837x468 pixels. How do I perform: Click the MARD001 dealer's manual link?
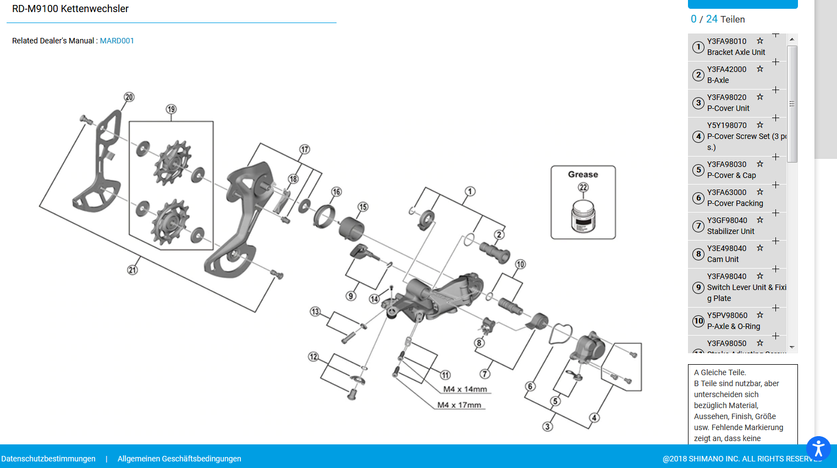(117, 41)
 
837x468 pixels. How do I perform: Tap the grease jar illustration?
(583, 216)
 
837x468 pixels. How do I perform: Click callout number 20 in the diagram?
(129, 97)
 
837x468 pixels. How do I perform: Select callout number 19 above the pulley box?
(171, 109)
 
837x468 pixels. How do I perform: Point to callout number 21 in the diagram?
(133, 270)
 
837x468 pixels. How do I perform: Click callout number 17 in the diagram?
(305, 149)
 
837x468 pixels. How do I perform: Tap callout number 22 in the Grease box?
(583, 187)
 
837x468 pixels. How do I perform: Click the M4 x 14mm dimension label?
(465, 389)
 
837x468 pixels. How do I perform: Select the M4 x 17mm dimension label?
(459, 405)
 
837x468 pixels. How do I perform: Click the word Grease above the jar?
(583, 175)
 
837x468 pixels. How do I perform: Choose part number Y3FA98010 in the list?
(726, 41)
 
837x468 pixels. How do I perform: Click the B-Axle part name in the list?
(718, 80)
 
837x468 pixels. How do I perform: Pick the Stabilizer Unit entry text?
(730, 231)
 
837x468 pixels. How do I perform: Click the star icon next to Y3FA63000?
(760, 192)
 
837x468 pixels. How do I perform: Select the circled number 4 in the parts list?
(698, 136)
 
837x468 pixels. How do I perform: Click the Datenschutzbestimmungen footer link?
(48, 459)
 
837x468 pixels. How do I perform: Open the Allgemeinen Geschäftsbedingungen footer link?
(179, 459)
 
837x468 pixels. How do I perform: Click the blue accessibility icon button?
(818, 448)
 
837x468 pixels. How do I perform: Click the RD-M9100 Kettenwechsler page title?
(70, 9)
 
